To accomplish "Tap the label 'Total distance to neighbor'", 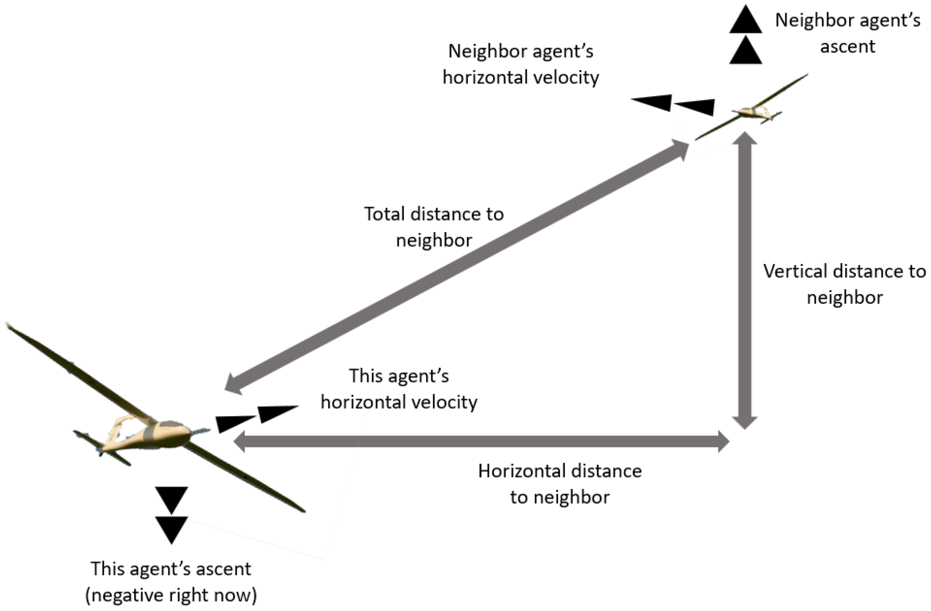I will click(x=434, y=227).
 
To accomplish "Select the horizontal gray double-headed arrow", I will click(x=481, y=441).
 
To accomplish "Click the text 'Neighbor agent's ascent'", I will click(x=847, y=33).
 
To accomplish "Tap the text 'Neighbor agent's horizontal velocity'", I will click(x=521, y=64).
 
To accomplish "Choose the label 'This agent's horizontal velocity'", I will click(x=399, y=389).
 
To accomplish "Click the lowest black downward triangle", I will click(x=171, y=529).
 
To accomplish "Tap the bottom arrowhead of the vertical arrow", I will click(x=744, y=422).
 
